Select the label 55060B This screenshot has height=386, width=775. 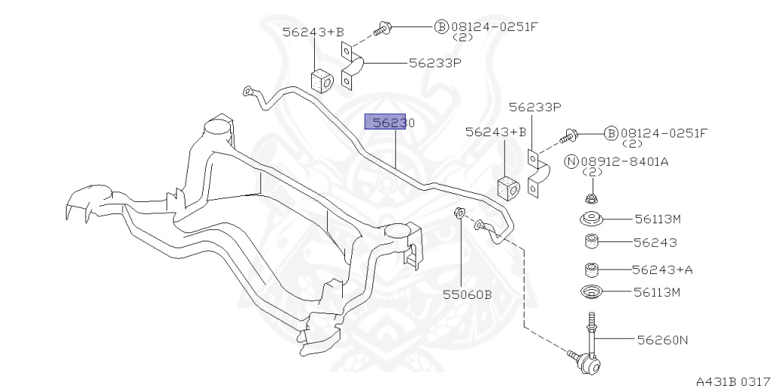pyautogui.click(x=467, y=294)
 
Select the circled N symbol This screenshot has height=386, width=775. pyautogui.click(x=572, y=160)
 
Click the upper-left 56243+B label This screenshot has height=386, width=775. pyautogui.click(x=313, y=32)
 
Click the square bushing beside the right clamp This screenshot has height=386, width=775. pyautogui.click(x=506, y=187)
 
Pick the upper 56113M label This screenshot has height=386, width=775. pyautogui.click(x=658, y=219)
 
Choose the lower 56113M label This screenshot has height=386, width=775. pyautogui.click(x=658, y=292)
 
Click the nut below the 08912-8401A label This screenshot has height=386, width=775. pyautogui.click(x=591, y=200)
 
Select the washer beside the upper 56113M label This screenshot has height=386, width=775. pyautogui.click(x=591, y=220)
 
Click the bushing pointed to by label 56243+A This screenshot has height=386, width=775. pyautogui.click(x=592, y=269)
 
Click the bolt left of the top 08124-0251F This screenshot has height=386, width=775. pyautogui.click(x=381, y=30)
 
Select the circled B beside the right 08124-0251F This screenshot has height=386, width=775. pyautogui.click(x=611, y=134)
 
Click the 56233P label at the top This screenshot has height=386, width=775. pyautogui.click(x=434, y=64)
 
